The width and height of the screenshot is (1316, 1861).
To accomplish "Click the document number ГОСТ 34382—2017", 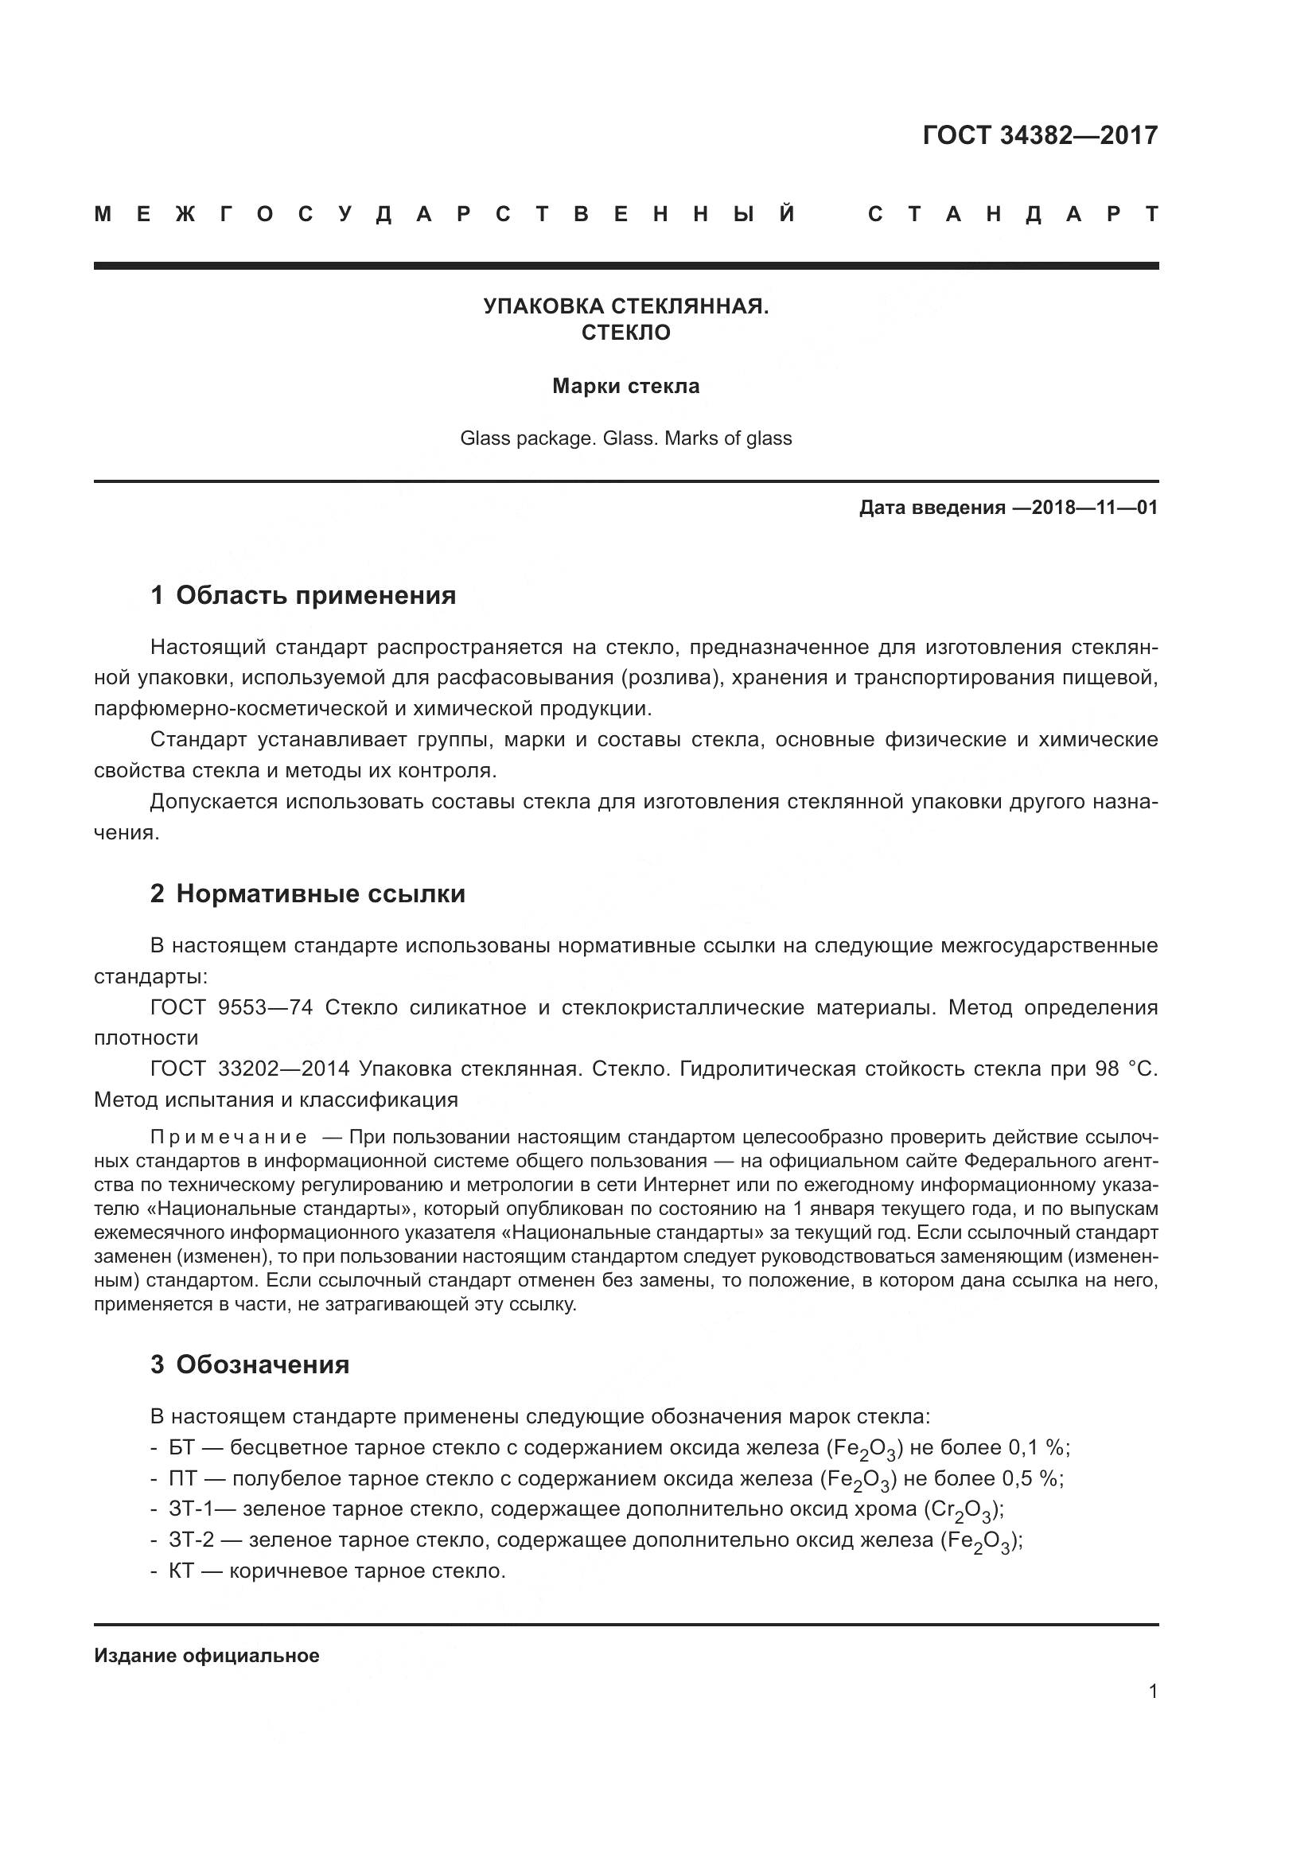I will (1040, 134).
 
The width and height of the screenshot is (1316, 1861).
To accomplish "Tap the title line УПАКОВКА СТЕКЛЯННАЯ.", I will (625, 306).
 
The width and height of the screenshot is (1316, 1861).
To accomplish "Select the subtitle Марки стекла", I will (625, 386).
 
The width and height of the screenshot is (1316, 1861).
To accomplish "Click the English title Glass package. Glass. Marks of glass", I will (625, 438).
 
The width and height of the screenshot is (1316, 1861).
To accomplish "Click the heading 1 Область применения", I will (303, 596).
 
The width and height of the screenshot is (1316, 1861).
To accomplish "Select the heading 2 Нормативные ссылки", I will (308, 894).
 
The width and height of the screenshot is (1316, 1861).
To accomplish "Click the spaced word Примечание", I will (228, 1137).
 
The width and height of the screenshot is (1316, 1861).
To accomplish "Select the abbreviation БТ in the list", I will (181, 1447).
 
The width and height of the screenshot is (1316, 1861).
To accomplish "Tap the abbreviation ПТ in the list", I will (182, 1478).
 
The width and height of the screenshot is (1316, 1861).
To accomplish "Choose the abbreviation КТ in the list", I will (181, 1571).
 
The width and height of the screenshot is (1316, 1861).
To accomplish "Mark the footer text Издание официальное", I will (207, 1656).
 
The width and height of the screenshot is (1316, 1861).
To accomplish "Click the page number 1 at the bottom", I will (1152, 1692).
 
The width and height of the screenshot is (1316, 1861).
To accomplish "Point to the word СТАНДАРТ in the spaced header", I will (1013, 215).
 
